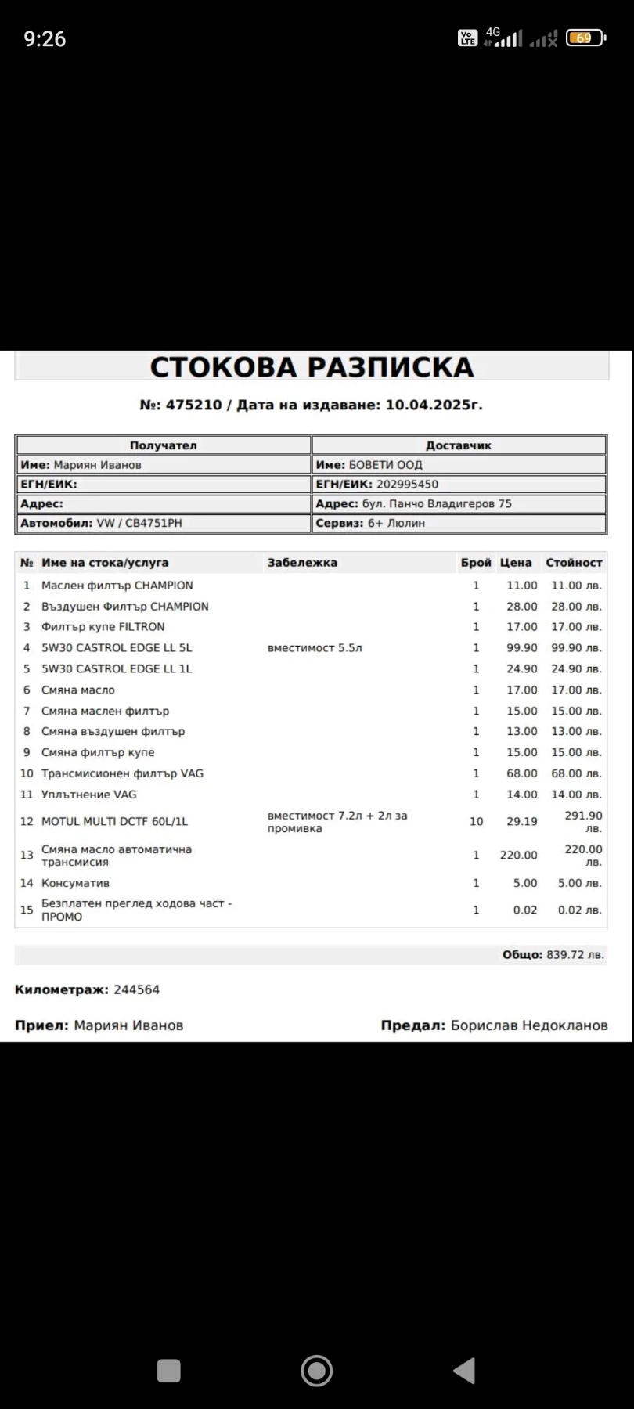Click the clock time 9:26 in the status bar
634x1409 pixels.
[x=45, y=38]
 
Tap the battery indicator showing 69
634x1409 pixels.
[x=585, y=38]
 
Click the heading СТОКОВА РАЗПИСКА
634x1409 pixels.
[x=312, y=367]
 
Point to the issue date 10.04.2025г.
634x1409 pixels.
[x=434, y=405]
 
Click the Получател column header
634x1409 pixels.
[x=163, y=445]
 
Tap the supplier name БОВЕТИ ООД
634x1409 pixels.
[x=385, y=465]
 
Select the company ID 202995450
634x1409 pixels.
[x=407, y=485]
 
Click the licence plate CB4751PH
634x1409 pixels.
[x=153, y=523]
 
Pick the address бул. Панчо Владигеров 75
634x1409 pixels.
[x=437, y=504]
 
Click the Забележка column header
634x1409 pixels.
[x=302, y=563]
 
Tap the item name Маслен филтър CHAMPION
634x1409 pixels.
[x=117, y=586]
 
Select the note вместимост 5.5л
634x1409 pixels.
[x=315, y=648]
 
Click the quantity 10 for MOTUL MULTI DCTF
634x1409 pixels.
[x=476, y=821]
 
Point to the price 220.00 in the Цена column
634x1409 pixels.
[x=518, y=856]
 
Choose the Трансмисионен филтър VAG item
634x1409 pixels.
[x=122, y=773]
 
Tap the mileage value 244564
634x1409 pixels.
[x=136, y=989]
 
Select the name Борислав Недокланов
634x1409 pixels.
[x=529, y=1025]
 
